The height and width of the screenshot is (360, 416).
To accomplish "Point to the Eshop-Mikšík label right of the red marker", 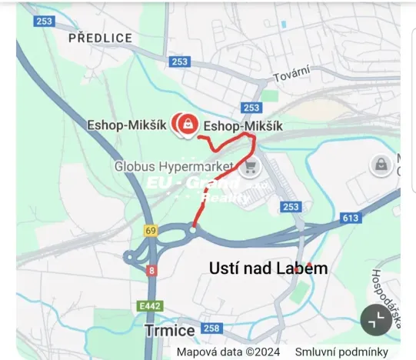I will (x=243, y=125).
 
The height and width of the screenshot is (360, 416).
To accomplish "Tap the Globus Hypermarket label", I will (x=174, y=165).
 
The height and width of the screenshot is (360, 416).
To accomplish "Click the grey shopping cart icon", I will (x=248, y=167).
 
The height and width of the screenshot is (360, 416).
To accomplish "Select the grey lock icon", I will (x=379, y=164).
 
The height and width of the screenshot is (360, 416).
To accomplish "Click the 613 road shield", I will (x=351, y=218).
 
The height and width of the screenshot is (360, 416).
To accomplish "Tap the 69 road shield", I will (x=150, y=230).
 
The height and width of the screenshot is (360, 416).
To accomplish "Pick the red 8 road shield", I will (x=152, y=270).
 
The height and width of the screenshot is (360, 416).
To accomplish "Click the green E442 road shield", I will (x=150, y=306).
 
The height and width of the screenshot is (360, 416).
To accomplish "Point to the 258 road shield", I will (x=212, y=329).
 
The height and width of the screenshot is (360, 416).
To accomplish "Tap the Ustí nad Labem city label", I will (x=268, y=268).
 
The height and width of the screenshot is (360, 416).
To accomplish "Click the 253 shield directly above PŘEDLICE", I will (x=44, y=22).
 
